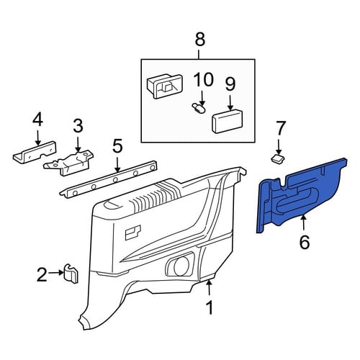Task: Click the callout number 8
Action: tap(200, 40)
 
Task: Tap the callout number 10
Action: tap(204, 79)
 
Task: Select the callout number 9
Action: tap(230, 84)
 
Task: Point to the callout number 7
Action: tap(281, 127)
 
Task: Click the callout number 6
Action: tap(305, 242)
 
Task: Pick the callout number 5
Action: tap(117, 146)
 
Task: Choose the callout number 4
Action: tap(37, 120)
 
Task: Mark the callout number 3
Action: tap(78, 126)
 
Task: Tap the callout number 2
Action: tap(42, 275)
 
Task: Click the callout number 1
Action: tap(210, 307)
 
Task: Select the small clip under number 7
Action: tap(278, 158)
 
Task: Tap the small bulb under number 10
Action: tap(199, 109)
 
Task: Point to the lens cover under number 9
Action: tap(227, 121)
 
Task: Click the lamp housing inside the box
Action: tap(164, 86)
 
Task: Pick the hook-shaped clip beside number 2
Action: tap(71, 274)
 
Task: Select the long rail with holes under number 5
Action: tap(109, 179)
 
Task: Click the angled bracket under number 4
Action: tap(35, 153)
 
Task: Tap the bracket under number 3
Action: tap(68, 163)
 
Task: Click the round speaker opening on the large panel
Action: tap(181, 266)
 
